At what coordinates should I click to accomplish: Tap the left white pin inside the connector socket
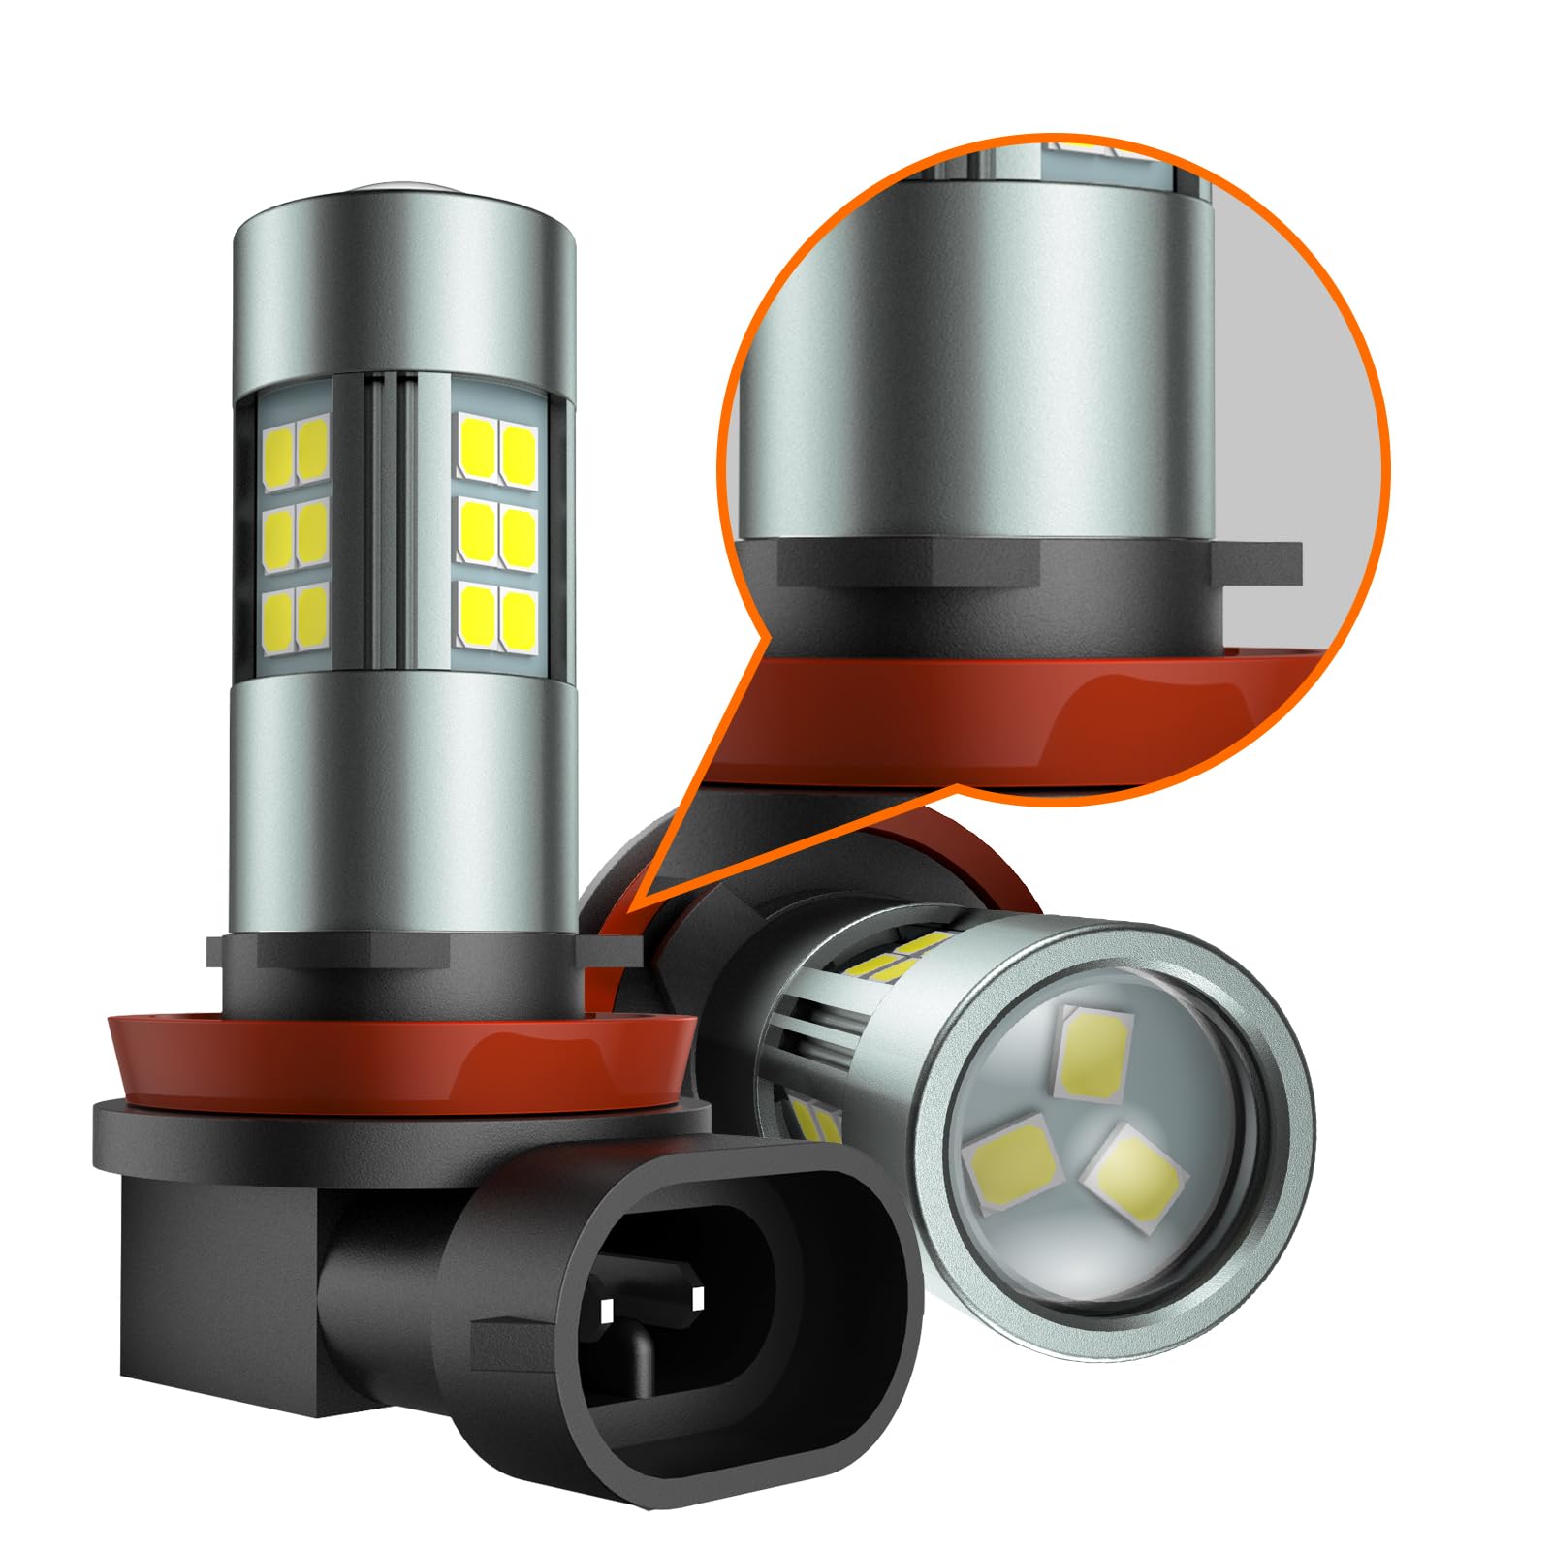608,1312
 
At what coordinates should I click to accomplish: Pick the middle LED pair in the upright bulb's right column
497,530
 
